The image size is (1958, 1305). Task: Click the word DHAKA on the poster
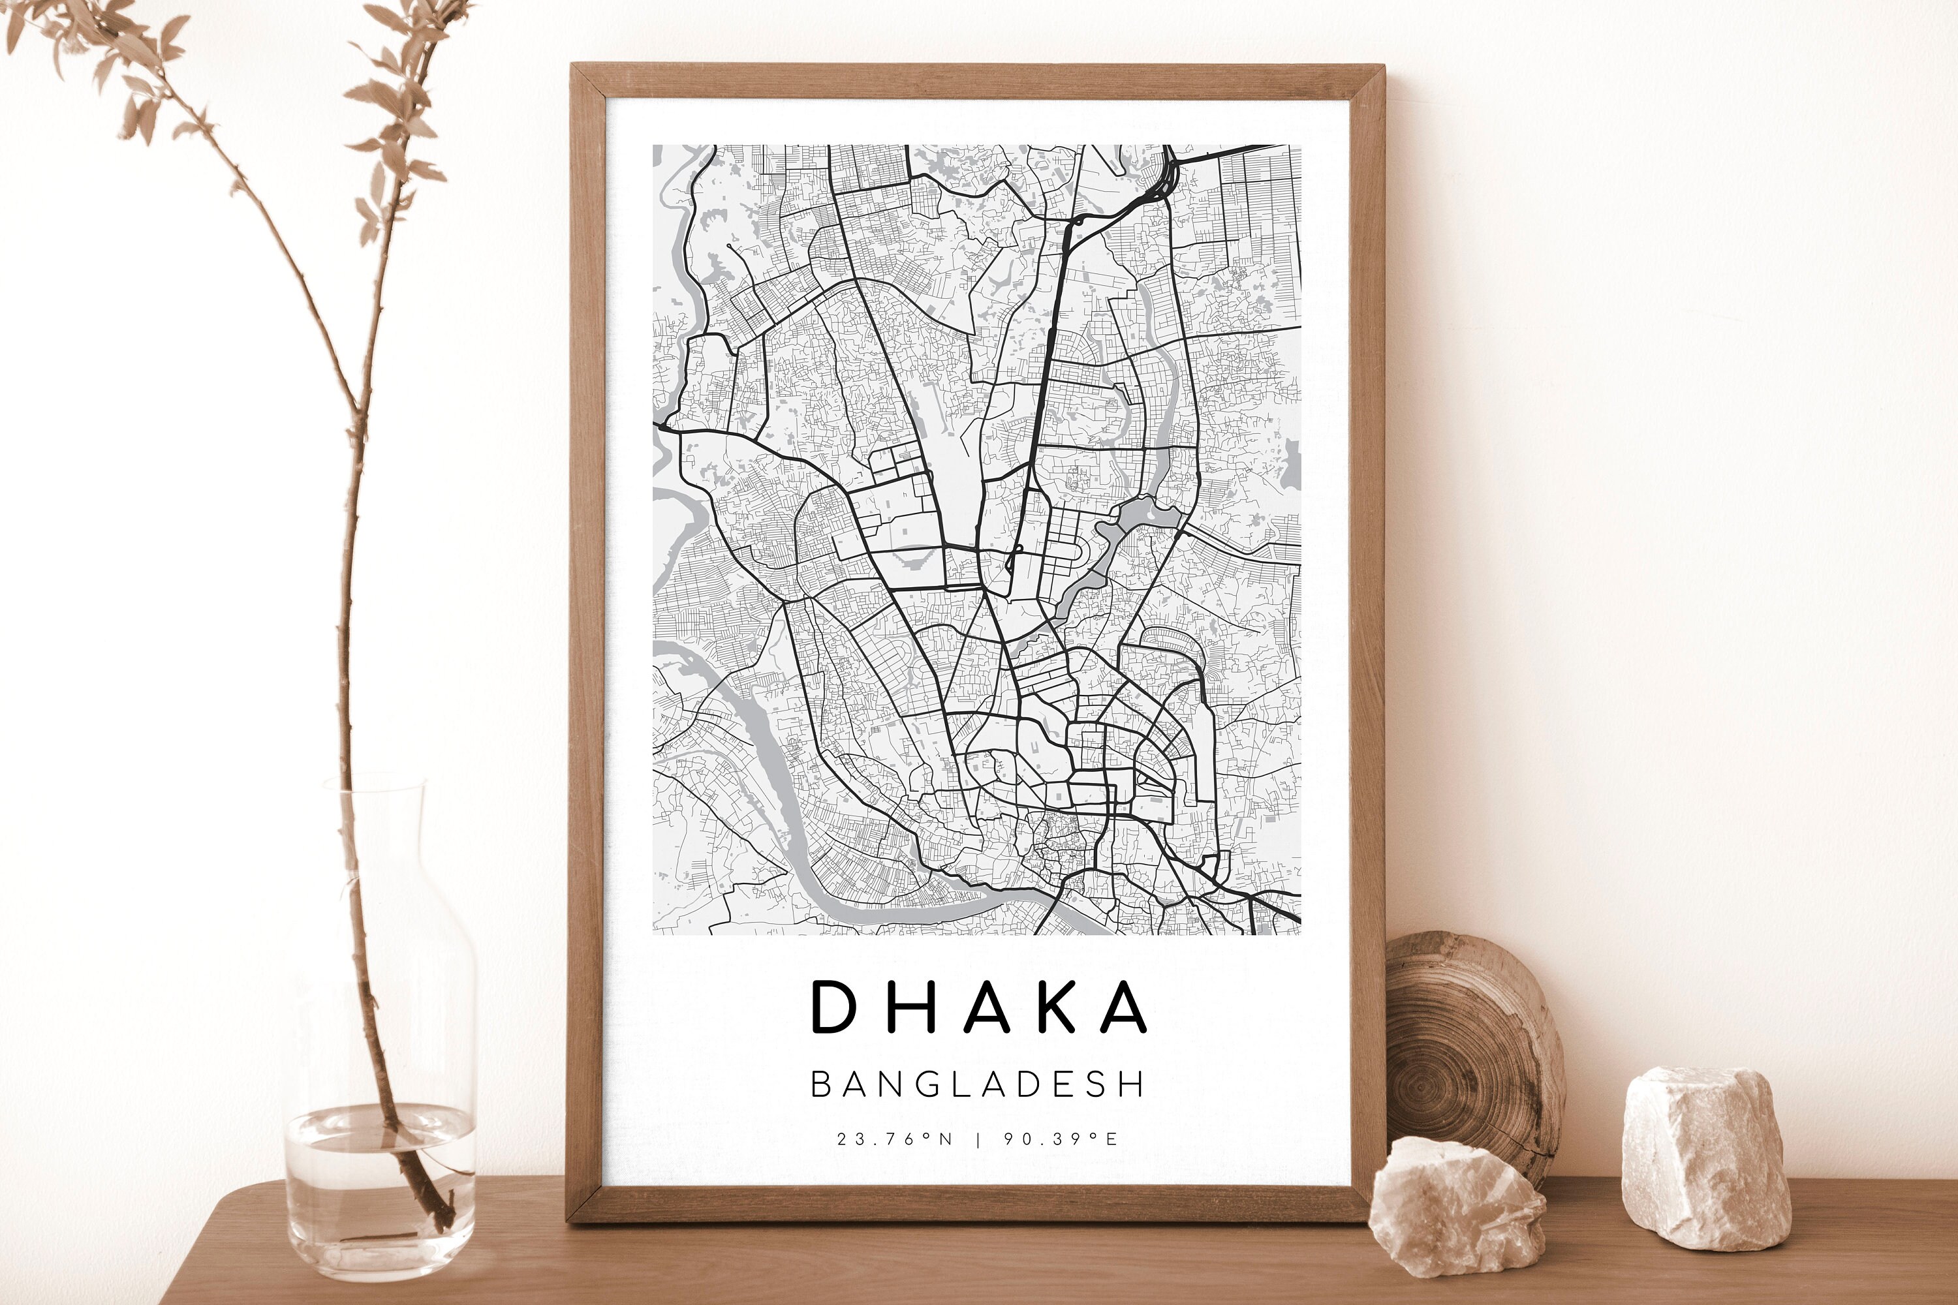coord(978,1006)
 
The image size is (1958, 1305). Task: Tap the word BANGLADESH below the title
coord(978,1084)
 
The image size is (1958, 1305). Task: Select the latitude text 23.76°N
coord(894,1139)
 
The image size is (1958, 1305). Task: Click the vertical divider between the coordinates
coord(978,1139)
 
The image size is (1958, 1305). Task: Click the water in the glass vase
coord(379,1182)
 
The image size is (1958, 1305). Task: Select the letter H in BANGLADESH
coord(1132,1084)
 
